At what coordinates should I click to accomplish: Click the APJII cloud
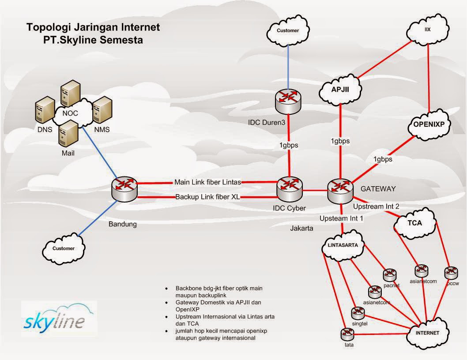340,89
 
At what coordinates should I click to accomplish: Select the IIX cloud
427,30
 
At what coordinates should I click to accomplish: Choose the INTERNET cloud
427,333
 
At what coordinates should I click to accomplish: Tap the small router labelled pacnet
389,275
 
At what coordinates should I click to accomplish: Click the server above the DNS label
45,111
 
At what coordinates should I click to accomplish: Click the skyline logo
59,316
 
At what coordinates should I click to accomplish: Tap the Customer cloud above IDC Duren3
288,31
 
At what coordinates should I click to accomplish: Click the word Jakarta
302,228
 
